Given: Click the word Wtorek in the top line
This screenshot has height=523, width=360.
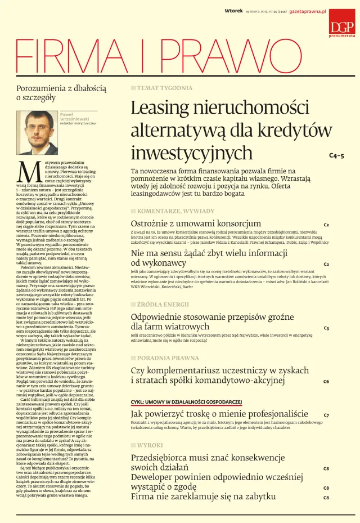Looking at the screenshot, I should coord(233,11).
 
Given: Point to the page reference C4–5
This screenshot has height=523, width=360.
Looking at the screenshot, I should coord(336,155).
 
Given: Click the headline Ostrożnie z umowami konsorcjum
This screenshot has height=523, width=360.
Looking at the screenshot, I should coord(196,223).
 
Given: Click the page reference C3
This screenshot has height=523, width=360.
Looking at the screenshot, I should coord(326,328).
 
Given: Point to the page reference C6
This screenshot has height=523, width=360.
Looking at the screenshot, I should coord(326,381).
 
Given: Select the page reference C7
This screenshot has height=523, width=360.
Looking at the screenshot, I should coord(326,415).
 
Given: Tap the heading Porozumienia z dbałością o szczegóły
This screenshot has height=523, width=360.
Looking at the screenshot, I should coord(61,93).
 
